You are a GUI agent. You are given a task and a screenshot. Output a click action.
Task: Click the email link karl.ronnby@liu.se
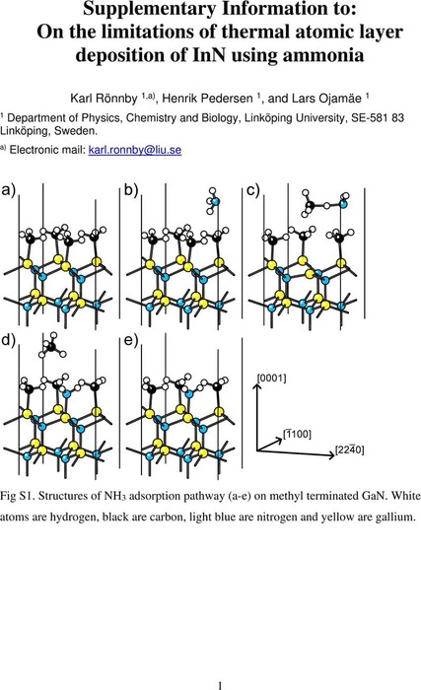(135, 150)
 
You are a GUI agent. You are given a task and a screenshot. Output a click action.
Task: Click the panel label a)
(8, 190)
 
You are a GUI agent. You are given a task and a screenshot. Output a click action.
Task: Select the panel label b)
(131, 190)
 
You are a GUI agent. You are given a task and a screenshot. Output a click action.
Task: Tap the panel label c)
(253, 190)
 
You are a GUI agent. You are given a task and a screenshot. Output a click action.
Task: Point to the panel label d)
(8, 340)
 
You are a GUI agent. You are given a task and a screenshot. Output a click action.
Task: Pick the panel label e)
(131, 340)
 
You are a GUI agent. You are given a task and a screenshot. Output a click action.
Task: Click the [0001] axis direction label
(272, 378)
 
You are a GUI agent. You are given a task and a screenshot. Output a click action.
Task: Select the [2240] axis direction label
(350, 450)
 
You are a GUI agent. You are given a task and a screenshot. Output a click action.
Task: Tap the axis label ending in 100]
(297, 435)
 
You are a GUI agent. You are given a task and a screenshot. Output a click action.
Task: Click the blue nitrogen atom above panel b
(215, 202)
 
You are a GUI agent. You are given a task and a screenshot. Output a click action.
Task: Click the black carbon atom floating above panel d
(51, 347)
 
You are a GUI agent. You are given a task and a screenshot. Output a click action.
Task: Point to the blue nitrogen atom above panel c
(343, 204)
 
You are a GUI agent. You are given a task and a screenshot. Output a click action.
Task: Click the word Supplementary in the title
(151, 9)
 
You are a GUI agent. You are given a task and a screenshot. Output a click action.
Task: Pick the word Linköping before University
(273, 118)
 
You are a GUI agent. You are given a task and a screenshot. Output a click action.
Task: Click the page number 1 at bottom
(220, 685)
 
